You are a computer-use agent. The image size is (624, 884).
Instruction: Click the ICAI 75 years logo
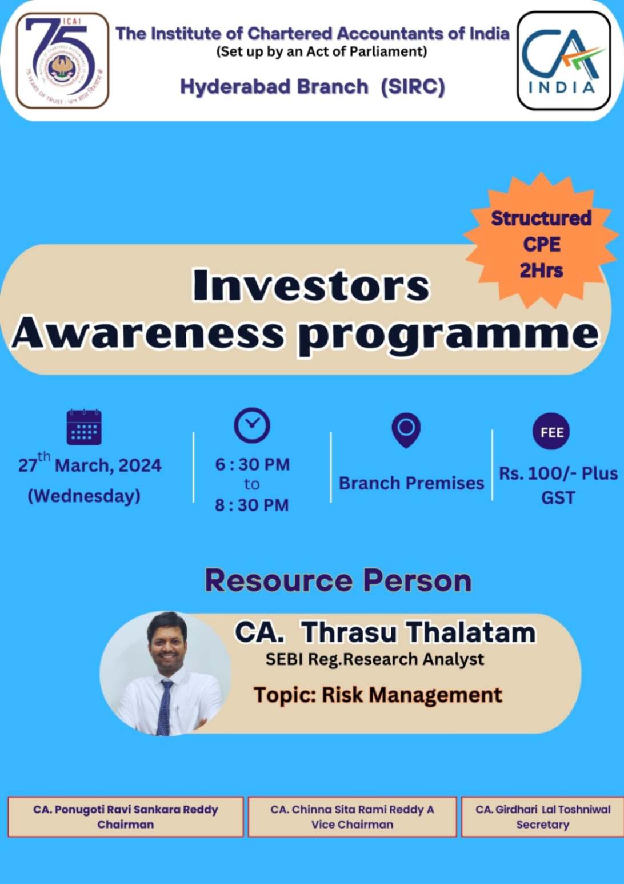coord(62,61)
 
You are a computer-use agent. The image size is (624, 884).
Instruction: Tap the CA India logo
coord(563,61)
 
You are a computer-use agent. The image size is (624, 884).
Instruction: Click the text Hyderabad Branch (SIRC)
coord(312,87)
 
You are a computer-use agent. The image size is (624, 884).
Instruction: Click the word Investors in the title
coord(311,285)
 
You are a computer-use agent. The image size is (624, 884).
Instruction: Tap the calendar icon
coord(84,427)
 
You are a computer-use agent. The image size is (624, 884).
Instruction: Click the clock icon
coord(252,425)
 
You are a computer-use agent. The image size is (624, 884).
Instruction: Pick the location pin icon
coord(406,429)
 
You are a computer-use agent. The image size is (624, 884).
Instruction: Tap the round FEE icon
coord(551,432)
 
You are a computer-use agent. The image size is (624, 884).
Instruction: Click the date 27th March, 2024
coord(90,464)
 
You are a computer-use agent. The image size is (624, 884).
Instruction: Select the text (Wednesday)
coord(84,495)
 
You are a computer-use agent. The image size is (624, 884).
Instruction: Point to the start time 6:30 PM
coord(252,464)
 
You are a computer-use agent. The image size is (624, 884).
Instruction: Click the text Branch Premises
coord(411,483)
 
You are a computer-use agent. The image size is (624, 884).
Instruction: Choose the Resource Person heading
coord(338,580)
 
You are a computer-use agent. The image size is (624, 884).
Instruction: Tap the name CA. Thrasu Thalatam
coord(385,632)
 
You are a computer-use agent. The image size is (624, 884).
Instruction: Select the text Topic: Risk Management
coord(378,695)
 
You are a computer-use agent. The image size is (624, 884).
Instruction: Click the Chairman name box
coord(126,817)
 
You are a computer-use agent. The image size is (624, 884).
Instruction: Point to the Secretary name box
coord(542,817)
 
